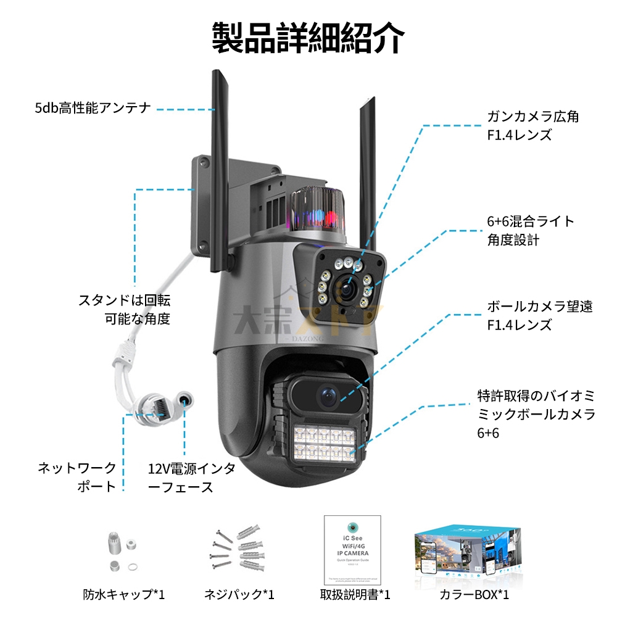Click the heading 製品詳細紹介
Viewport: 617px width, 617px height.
(x=308, y=38)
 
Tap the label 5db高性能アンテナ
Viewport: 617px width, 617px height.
(x=93, y=109)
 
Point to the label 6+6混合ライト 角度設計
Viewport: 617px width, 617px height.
(x=530, y=230)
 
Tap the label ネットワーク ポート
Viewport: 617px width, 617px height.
(x=77, y=476)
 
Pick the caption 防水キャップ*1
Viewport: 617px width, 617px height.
(x=124, y=595)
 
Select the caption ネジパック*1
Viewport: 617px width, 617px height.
(x=239, y=595)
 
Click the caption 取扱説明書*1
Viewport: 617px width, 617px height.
(x=355, y=595)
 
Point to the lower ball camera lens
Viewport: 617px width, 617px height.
(x=326, y=394)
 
